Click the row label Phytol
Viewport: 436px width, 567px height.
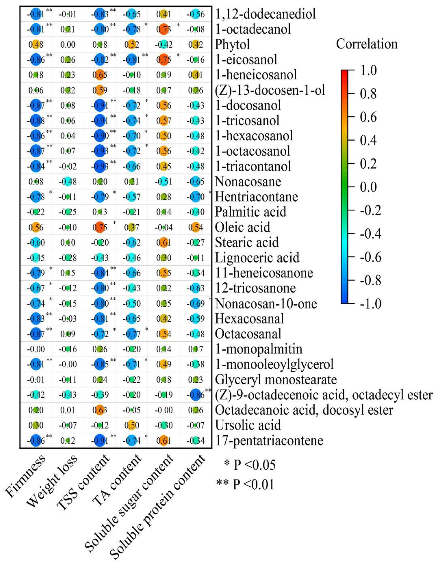[x=232, y=45]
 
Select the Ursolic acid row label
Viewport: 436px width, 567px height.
[x=248, y=425]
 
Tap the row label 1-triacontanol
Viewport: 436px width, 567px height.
[x=253, y=166]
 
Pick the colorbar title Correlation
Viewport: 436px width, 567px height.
[x=367, y=44]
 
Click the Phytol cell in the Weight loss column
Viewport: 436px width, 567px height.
[x=68, y=45]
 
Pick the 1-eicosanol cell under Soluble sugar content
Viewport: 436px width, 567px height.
[x=164, y=60]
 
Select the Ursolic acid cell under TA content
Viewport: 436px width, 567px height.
[x=132, y=425]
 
